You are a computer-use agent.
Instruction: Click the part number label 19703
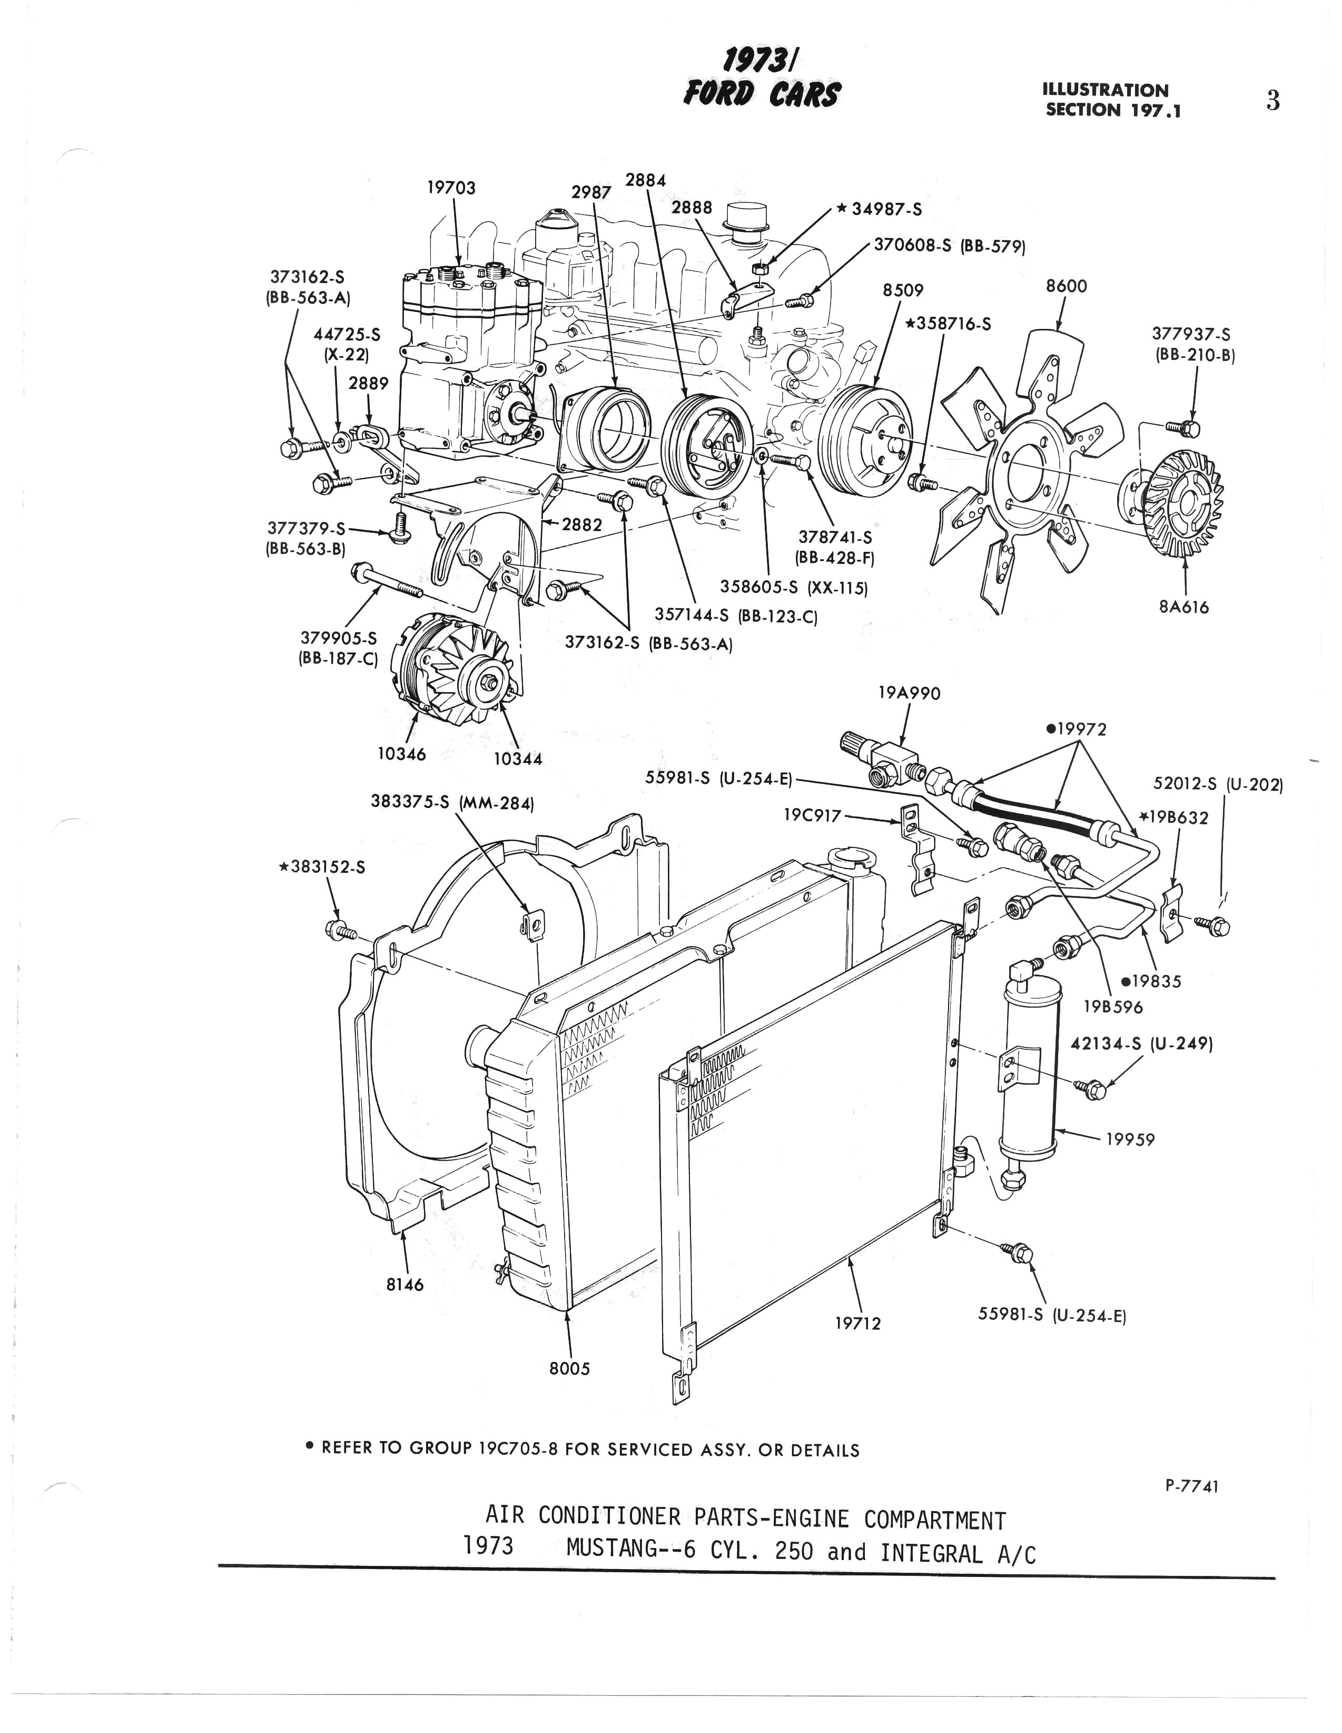tap(450, 188)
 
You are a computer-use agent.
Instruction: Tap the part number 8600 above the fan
tap(1066, 286)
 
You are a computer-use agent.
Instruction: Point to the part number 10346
tap(401, 753)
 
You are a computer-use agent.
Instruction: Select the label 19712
tap(857, 1323)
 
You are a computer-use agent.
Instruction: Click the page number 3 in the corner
tap(1273, 102)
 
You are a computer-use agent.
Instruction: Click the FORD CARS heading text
tap(761, 96)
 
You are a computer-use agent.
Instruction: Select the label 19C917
tap(812, 814)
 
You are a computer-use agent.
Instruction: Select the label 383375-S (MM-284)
tap(452, 802)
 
